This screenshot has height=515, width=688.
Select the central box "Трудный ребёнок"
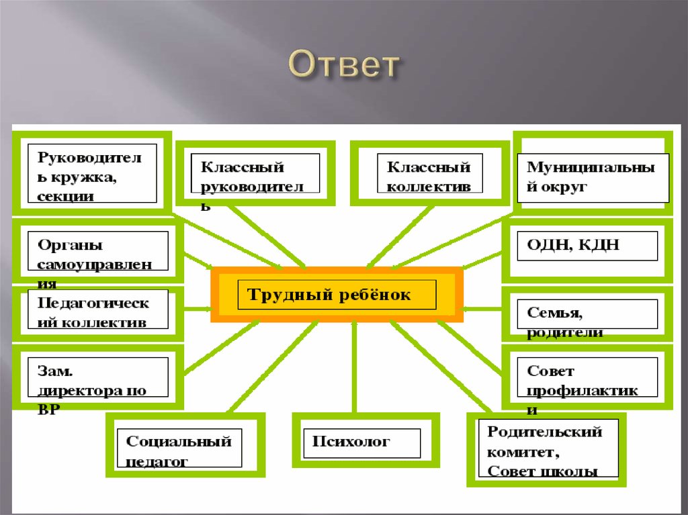pos(337,295)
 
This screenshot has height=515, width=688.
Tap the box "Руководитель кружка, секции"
pos(92,173)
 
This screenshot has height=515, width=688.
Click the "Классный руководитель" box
pos(255,173)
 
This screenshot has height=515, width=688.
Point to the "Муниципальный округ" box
pos(593,177)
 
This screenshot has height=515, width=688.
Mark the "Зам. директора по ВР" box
pos(97,379)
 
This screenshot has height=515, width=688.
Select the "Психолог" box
pos(361,442)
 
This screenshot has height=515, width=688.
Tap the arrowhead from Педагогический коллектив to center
pos(205,310)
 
